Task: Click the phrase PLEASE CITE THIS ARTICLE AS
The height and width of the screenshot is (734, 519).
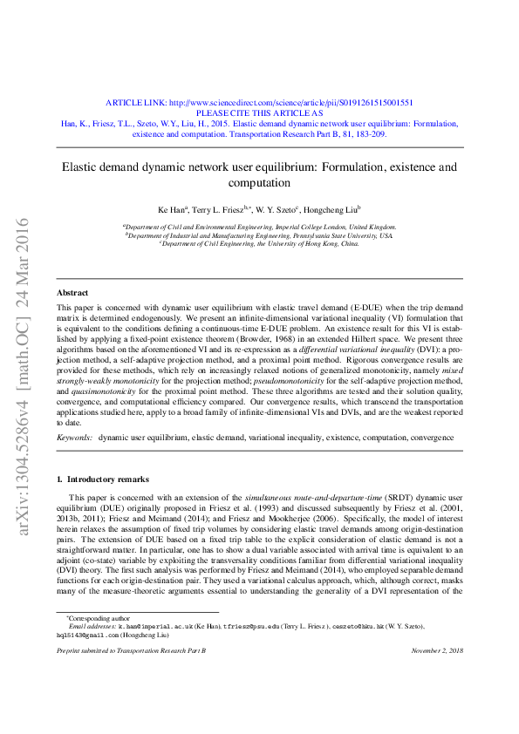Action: point(259,112)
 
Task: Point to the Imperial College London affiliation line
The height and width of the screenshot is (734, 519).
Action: point(259,227)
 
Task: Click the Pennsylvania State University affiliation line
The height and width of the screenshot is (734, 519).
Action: point(259,235)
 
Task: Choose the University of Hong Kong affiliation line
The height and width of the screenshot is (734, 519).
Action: point(259,245)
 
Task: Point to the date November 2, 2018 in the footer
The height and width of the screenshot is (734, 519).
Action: point(436,675)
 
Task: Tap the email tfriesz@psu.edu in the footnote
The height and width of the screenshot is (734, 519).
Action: point(253,650)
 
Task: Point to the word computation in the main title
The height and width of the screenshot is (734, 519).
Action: point(259,182)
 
